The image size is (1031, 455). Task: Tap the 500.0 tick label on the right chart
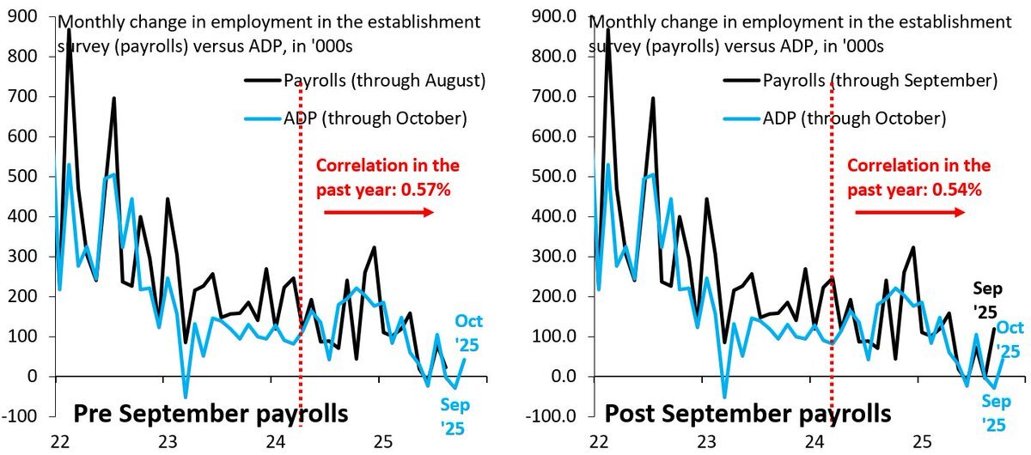click(555, 177)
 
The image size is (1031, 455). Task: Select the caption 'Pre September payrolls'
click(211, 414)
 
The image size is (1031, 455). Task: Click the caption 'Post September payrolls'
click(748, 414)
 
